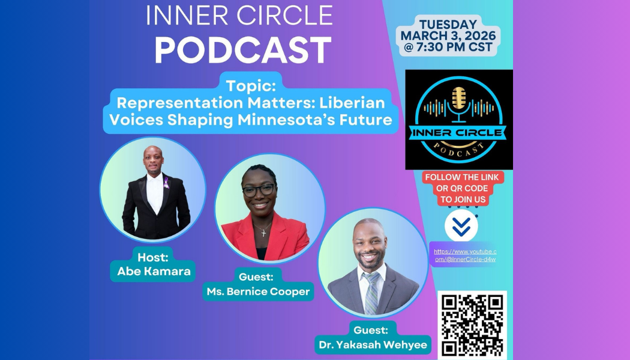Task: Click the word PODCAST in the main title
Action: pyautogui.click(x=243, y=50)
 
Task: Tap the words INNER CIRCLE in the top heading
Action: pyautogui.click(x=239, y=16)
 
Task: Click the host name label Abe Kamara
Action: pyautogui.click(x=154, y=271)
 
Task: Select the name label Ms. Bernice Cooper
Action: pyautogui.click(x=258, y=292)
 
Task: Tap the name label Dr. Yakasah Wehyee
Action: pyautogui.click(x=371, y=345)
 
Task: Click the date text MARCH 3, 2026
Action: pyautogui.click(x=448, y=36)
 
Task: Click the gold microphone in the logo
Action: pyautogui.click(x=458, y=100)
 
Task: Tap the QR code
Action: pyautogui.click(x=472, y=324)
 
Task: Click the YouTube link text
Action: pyautogui.click(x=465, y=256)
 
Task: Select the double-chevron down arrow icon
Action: pyautogui.click(x=461, y=226)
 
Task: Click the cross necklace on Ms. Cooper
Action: pyautogui.click(x=263, y=232)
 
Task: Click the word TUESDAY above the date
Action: pyautogui.click(x=448, y=25)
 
